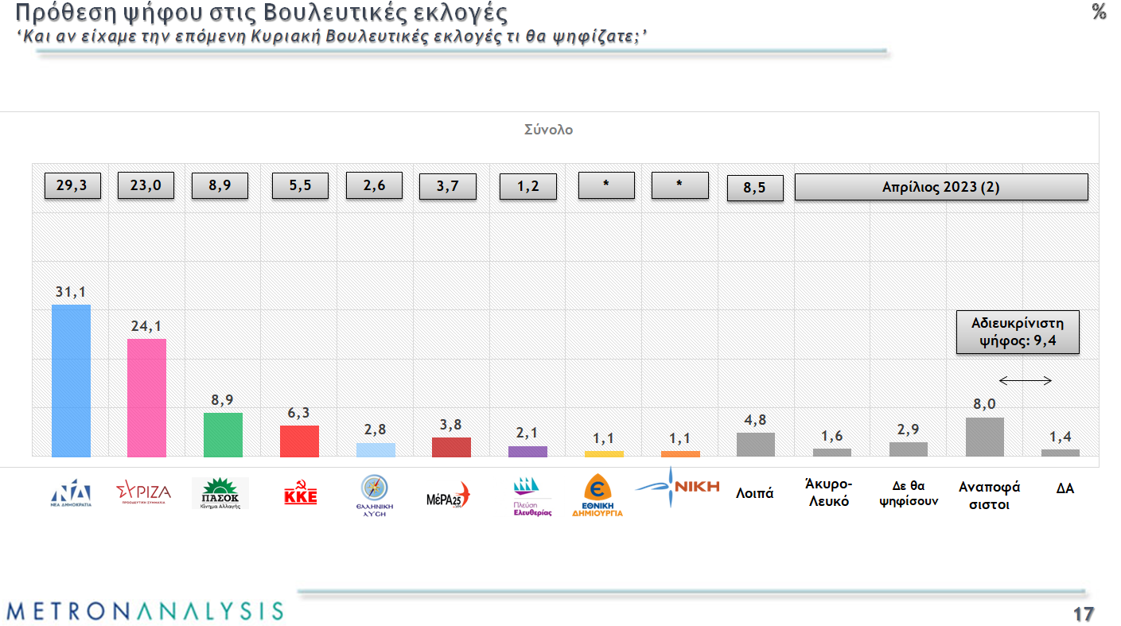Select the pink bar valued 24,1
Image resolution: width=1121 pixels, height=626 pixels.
[147, 398]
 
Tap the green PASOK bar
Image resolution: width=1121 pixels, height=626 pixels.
[223, 434]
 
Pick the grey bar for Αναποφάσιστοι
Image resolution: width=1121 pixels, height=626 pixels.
[984, 437]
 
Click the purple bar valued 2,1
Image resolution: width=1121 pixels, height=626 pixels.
[527, 452]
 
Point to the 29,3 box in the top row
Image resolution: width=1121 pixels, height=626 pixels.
[72, 185]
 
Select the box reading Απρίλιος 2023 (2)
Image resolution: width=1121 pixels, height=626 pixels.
[940, 188]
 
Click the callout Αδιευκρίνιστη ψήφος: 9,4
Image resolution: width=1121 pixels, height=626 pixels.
[1017, 332]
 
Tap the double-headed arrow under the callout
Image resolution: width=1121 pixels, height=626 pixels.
[1026, 380]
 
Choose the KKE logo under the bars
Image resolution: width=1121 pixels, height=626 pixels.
[301, 496]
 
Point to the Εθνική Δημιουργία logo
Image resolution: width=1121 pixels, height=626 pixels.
[597, 496]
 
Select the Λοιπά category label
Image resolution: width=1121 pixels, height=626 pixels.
[754, 493]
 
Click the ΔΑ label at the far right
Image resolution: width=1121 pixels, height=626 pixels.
[1065, 488]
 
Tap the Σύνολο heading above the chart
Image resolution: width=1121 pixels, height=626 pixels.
[548, 130]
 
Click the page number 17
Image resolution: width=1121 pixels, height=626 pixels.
[1083, 614]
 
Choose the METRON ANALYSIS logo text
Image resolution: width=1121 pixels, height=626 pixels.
[144, 611]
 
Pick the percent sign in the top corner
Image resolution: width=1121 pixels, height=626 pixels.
[1099, 12]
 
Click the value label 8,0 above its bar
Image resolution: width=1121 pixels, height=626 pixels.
[984, 405]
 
